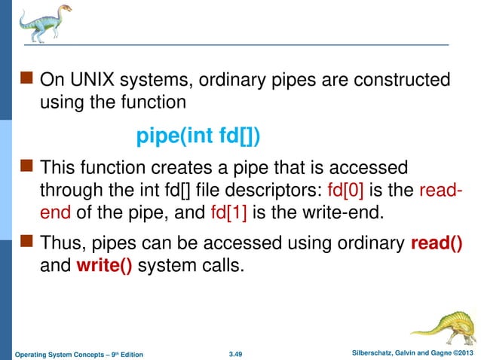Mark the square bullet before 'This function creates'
[x=27, y=166]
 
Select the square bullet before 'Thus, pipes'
[x=27, y=244]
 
